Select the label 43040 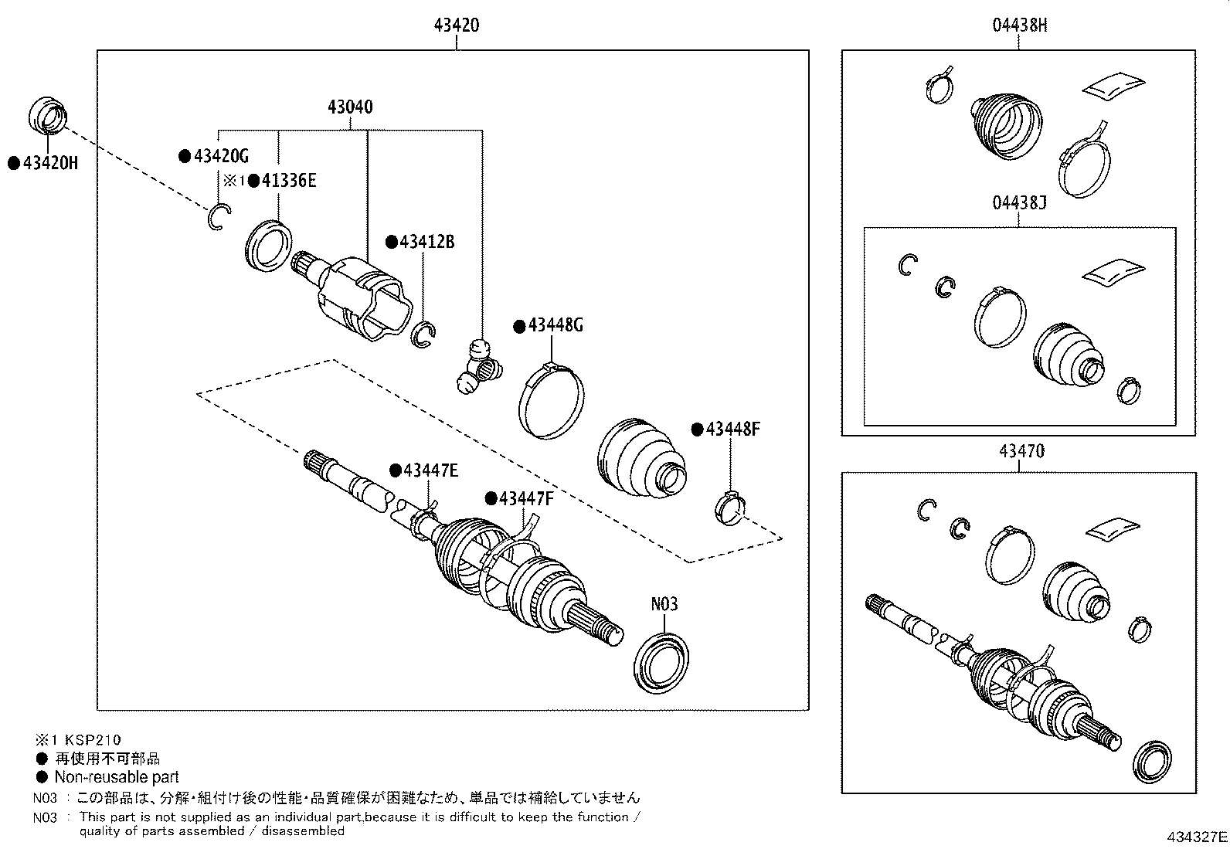point(350,107)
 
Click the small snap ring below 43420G point(218,217)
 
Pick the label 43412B point(426,243)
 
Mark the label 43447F point(526,499)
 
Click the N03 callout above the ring point(664,603)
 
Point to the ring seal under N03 point(661,662)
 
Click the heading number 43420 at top point(456,25)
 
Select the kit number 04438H point(1020,25)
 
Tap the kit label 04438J point(1020,203)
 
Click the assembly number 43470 point(1021,451)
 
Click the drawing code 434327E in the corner point(1196,837)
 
